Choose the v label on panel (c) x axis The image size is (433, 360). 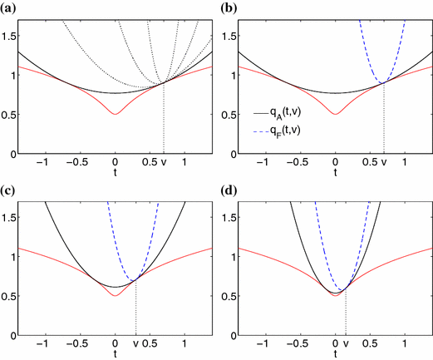(135, 344)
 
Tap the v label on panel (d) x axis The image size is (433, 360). (345, 344)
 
